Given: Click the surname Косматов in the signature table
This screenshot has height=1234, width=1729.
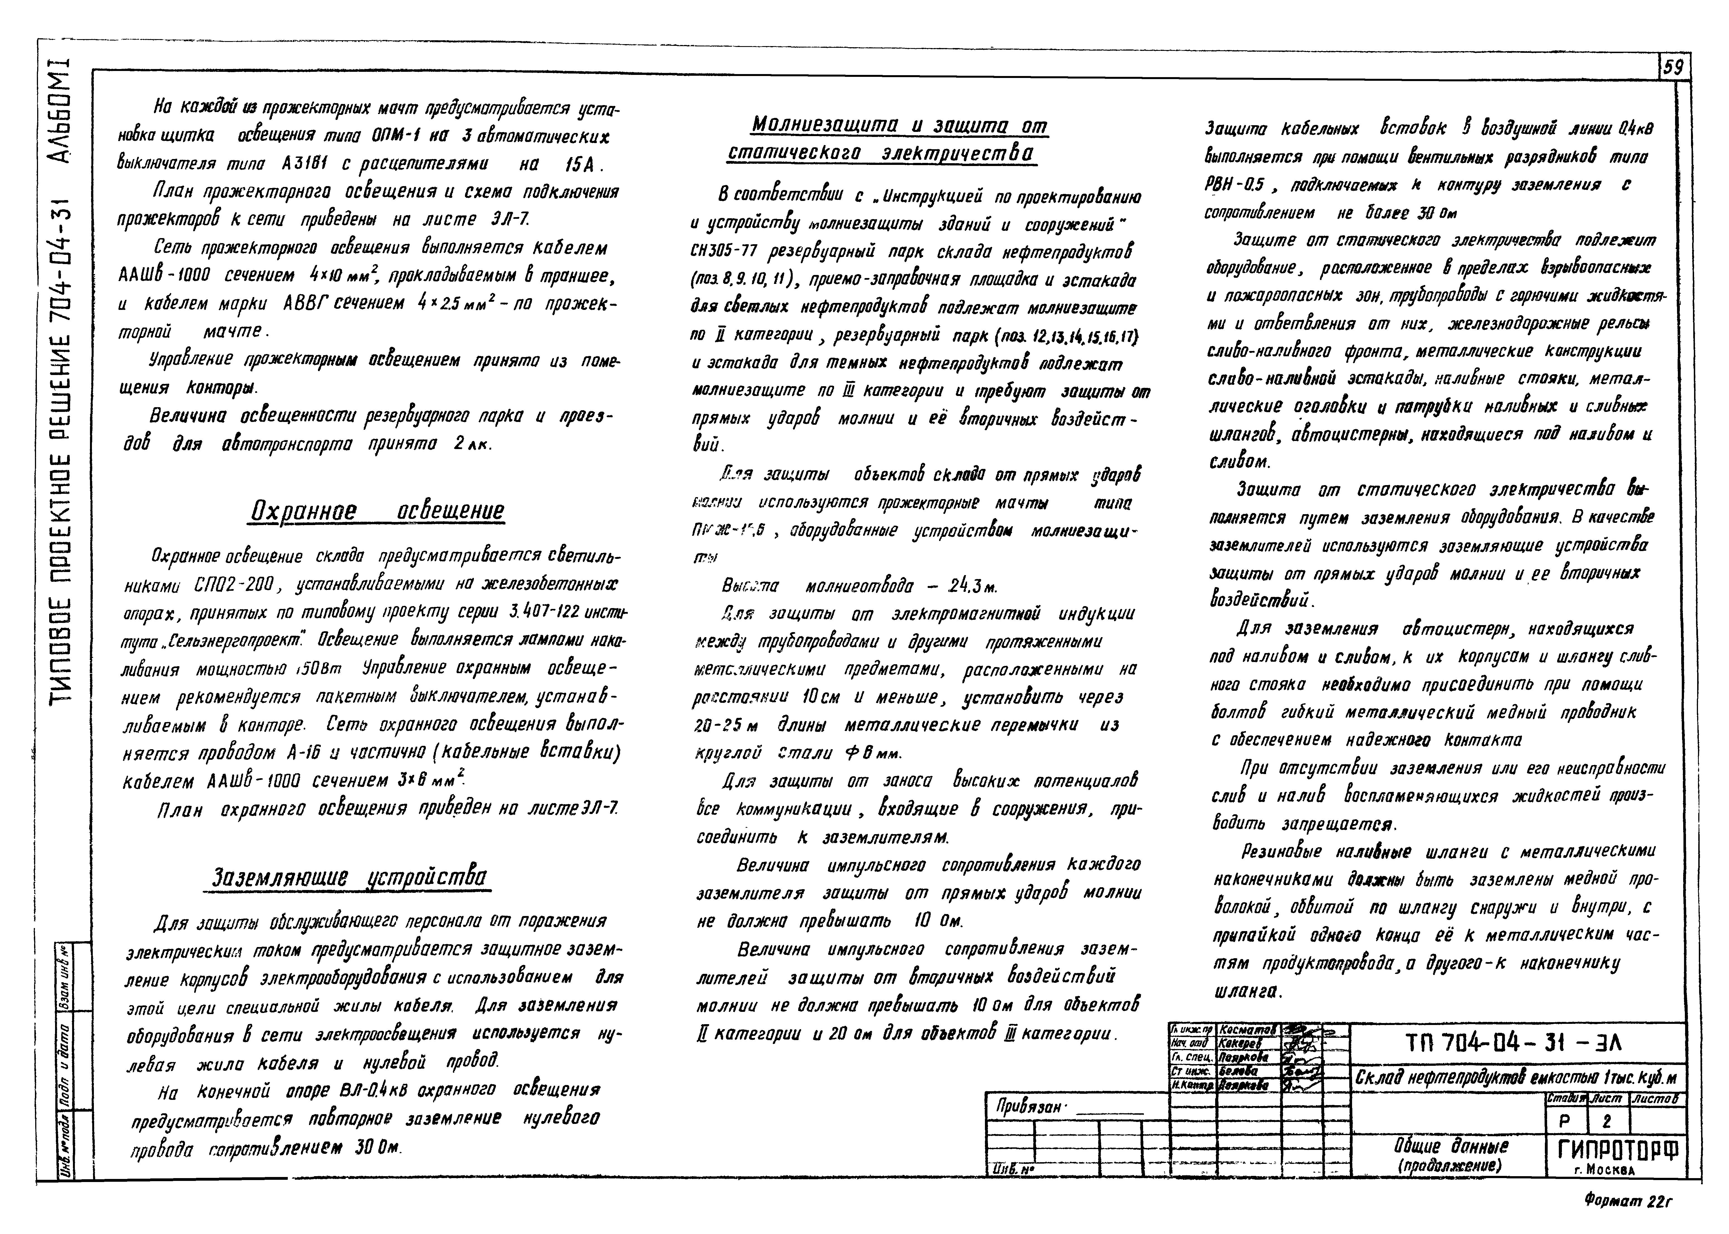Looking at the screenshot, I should (1246, 1030).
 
